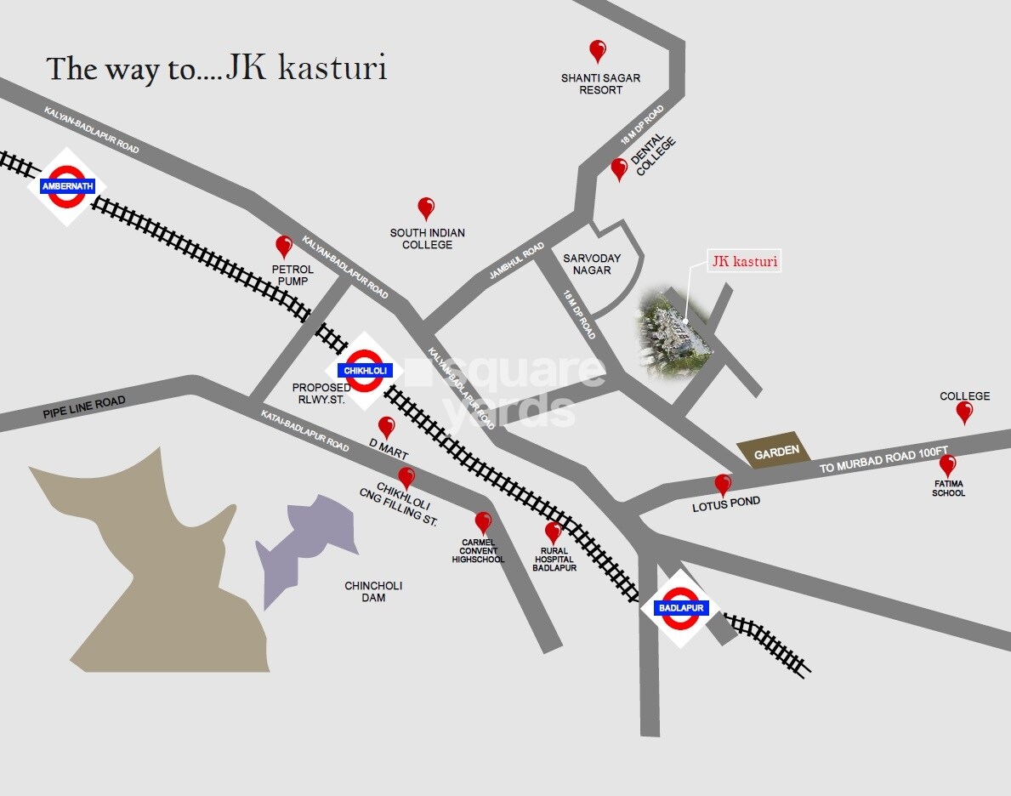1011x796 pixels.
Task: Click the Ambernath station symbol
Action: coord(66,186)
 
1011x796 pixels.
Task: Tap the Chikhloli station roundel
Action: coord(365,370)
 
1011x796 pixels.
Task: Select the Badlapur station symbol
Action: coord(680,608)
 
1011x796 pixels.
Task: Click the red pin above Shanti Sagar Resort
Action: coord(598,51)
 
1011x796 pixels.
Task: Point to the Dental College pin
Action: coord(619,168)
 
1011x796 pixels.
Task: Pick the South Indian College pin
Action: coord(426,208)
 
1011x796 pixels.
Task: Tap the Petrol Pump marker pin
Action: coord(284,247)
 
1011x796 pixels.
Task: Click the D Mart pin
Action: coord(386,427)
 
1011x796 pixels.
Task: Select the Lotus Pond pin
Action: coord(723,485)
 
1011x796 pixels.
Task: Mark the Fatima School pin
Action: coord(947,465)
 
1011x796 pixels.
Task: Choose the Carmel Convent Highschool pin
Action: coord(483,522)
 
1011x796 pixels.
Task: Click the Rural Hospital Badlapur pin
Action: coord(554,532)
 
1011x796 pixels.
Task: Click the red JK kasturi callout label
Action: coord(745,262)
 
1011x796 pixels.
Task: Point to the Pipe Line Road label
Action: coord(83,407)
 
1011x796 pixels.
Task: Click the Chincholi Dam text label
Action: coord(372,591)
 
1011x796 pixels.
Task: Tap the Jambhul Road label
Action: coord(516,262)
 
